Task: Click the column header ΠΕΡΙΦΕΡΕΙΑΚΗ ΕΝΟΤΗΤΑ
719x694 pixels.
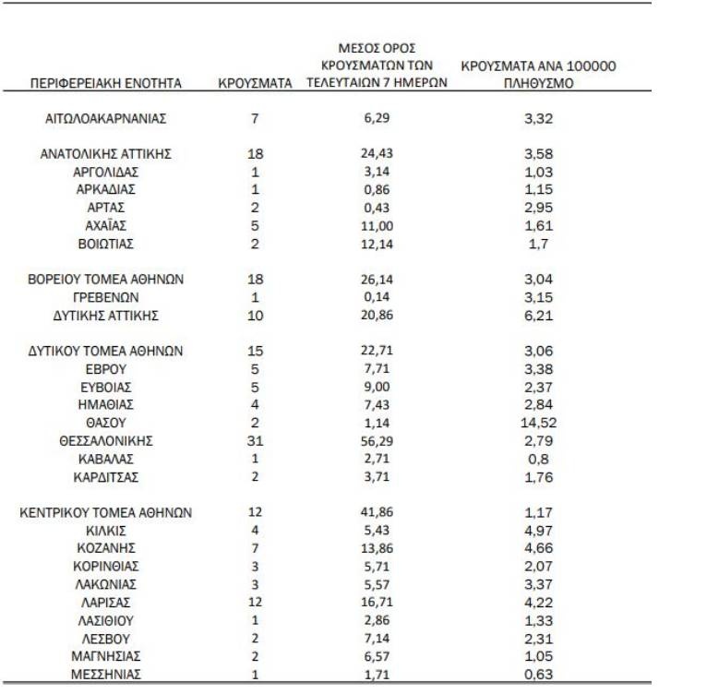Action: tap(106, 83)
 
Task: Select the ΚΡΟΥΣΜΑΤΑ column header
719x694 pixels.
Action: tap(256, 83)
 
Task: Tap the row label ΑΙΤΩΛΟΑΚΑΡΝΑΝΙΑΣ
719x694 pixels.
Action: tap(106, 118)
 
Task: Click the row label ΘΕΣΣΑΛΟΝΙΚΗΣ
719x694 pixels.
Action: tap(106, 441)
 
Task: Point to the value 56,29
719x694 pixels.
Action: tap(377, 441)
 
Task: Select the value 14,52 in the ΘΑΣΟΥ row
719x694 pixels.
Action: tap(537, 423)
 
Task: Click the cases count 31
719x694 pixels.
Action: tap(256, 441)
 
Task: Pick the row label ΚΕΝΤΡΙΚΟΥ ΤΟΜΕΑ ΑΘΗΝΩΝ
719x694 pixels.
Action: tap(106, 512)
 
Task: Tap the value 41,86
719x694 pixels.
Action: tap(377, 512)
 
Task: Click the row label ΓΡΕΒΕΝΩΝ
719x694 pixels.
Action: tap(106, 297)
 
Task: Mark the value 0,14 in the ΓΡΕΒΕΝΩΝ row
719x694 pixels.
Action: tap(377, 297)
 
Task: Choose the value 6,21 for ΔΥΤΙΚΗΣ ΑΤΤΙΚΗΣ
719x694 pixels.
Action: tap(537, 315)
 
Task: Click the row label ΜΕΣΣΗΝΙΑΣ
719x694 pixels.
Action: tap(106, 674)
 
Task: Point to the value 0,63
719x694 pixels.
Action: tap(537, 674)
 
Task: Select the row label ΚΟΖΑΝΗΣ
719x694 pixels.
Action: tap(106, 548)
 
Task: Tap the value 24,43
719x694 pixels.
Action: tap(377, 154)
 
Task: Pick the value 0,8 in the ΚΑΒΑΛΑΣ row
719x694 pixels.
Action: tap(537, 459)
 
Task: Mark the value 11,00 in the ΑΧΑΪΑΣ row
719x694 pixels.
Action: tap(377, 225)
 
